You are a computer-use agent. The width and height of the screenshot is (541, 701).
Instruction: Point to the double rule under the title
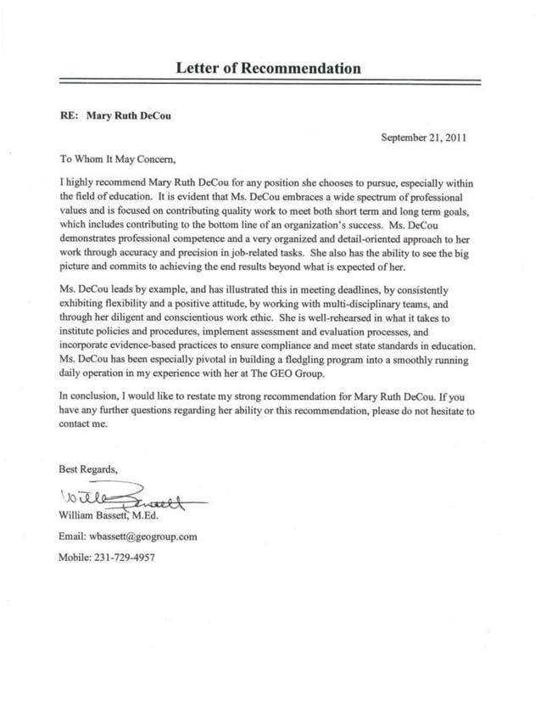pyautogui.click(x=270, y=83)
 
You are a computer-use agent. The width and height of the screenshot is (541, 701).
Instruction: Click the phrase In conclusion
pyautogui.click(x=89, y=396)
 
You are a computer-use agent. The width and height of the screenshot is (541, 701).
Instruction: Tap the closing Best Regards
pyautogui.click(x=88, y=469)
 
